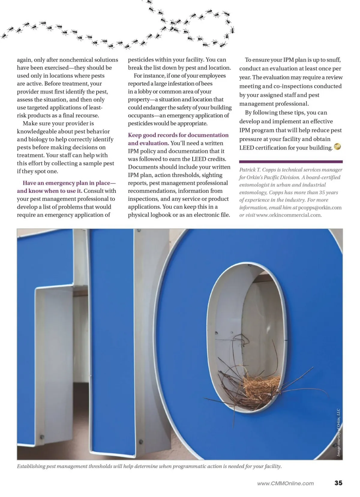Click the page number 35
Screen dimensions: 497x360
click(x=338, y=483)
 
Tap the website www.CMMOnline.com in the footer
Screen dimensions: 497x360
click(x=285, y=483)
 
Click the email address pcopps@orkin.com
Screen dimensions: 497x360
click(x=320, y=208)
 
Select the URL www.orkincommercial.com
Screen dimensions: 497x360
click(x=289, y=215)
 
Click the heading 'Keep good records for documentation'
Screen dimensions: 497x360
click(x=178, y=135)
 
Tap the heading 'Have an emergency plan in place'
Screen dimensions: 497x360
click(x=69, y=183)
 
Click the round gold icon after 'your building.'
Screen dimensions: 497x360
click(x=337, y=147)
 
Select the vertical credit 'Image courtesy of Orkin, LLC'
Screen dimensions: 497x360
click(x=338, y=432)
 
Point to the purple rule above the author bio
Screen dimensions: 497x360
click(x=291, y=162)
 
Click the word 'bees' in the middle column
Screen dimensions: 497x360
click(x=207, y=84)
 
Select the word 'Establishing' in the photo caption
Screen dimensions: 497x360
click(x=31, y=466)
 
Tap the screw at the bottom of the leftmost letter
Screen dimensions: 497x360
click(x=42, y=437)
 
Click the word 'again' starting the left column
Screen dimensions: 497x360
click(x=24, y=60)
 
